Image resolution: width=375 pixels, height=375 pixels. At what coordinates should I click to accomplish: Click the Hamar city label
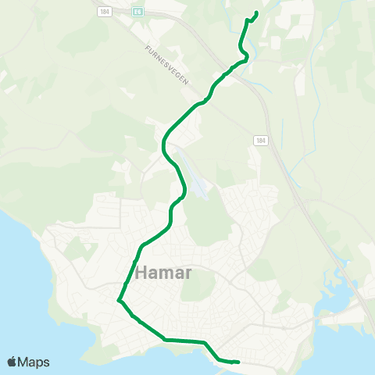(x=163, y=273)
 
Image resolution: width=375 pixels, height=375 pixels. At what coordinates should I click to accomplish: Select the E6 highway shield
(x=137, y=12)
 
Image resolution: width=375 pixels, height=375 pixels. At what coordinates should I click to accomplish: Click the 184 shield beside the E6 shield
(x=105, y=12)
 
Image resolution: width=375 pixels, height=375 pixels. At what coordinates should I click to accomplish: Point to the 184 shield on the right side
(x=260, y=139)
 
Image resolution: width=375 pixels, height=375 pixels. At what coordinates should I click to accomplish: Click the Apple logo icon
(x=13, y=362)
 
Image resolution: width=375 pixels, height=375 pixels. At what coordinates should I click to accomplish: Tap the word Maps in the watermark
(x=35, y=362)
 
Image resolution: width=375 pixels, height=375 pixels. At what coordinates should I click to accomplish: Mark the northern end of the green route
(x=257, y=12)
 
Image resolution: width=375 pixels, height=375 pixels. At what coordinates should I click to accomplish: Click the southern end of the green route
(x=237, y=362)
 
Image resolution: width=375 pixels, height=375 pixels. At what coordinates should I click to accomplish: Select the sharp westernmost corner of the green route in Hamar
(x=118, y=299)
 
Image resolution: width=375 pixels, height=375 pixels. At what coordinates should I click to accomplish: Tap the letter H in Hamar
(x=141, y=273)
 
